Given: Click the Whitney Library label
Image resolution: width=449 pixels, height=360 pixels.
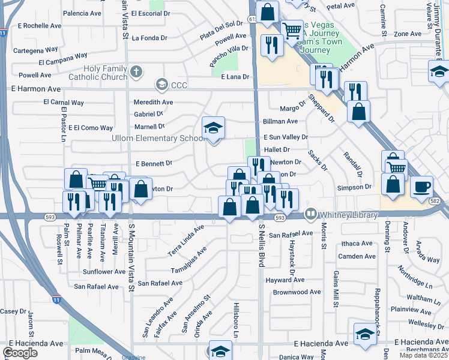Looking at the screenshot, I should click(x=349, y=214).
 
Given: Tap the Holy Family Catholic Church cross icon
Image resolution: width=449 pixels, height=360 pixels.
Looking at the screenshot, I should click(x=136, y=73).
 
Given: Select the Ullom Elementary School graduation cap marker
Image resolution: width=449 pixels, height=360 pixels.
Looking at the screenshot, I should click(x=213, y=128).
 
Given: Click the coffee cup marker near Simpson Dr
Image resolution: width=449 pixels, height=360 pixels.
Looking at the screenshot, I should click(x=422, y=187).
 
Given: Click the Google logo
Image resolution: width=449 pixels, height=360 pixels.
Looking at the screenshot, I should click(x=20, y=352).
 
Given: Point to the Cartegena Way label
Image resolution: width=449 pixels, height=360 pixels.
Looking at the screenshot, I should click(x=36, y=50).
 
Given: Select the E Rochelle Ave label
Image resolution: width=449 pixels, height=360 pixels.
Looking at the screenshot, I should click(x=40, y=26).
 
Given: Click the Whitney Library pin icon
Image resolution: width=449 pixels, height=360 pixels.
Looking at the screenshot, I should click(x=310, y=214).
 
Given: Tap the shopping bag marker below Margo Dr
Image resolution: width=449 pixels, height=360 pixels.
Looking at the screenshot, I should click(x=358, y=112).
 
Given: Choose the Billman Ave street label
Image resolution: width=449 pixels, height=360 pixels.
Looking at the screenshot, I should click(x=280, y=121).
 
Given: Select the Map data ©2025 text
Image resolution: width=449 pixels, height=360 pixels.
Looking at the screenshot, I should click(x=423, y=355).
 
